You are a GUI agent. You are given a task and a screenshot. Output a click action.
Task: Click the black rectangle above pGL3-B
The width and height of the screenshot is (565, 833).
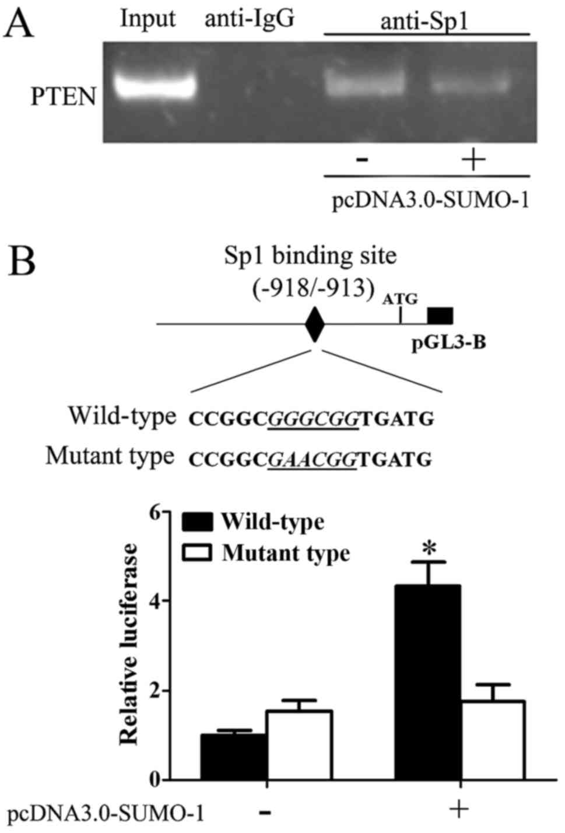(440, 316)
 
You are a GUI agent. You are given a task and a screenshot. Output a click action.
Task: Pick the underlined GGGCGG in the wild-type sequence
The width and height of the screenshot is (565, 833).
(314, 418)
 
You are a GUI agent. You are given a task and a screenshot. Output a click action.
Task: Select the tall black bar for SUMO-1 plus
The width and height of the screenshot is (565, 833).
(429, 682)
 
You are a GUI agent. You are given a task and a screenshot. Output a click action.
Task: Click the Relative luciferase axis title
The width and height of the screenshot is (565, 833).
(129, 644)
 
